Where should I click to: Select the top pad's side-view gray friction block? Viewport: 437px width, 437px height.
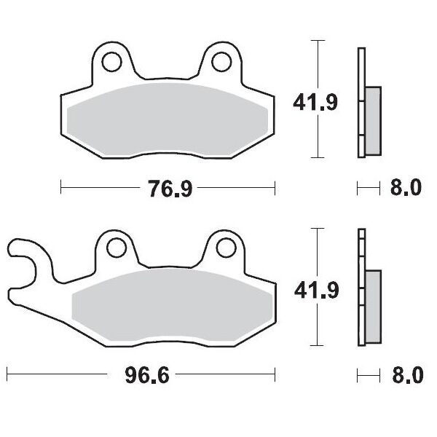371,120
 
